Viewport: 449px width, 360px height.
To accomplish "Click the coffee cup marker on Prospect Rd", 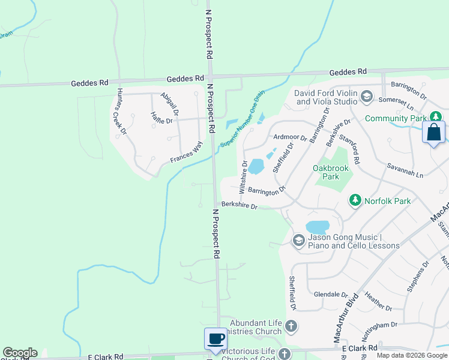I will pyautogui.click(x=215, y=339).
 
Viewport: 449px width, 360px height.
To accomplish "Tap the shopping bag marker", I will pyautogui.click(x=433, y=133).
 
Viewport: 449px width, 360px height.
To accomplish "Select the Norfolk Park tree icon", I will pyautogui.click(x=355, y=200).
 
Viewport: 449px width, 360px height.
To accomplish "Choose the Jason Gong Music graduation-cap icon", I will pyautogui.click(x=298, y=241).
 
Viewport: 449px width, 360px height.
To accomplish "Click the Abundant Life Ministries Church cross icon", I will pyautogui.click(x=291, y=326).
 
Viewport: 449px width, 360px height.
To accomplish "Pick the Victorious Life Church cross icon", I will pyautogui.click(x=285, y=354).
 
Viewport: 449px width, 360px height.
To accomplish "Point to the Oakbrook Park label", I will pyautogui.click(x=331, y=173).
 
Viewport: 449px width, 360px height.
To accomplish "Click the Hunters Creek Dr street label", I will pyautogui.click(x=122, y=112).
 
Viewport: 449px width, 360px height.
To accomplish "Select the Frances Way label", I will pyautogui.click(x=186, y=152).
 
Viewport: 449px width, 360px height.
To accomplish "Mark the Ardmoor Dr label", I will pyautogui.click(x=290, y=137).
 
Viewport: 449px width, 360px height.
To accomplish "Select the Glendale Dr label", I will pyautogui.click(x=331, y=295).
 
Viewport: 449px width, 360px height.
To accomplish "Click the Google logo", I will pyautogui.click(x=20, y=353).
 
